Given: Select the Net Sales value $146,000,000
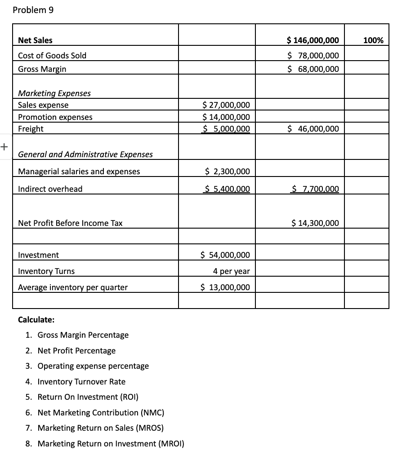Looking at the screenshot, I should (313, 40).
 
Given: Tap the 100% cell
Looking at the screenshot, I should (373, 40).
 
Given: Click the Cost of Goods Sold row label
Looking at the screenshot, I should (52, 56).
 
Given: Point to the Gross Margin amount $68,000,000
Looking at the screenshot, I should (313, 69).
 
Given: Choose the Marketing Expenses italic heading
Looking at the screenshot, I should (54, 93).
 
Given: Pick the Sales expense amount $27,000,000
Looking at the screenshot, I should (226, 105).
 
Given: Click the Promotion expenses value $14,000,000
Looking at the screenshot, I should (226, 117).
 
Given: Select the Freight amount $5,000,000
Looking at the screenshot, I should (226, 129).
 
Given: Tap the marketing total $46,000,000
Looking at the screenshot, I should (313, 129).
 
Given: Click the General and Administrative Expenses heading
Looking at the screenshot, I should (85, 154).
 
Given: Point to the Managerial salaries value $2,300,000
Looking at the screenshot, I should (227, 172).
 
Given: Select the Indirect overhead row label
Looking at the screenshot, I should (50, 189).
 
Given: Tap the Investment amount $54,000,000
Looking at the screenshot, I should (225, 255).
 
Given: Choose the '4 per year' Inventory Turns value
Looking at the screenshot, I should (232, 271).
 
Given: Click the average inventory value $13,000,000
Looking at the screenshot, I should (225, 287).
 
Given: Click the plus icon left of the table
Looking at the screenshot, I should (4, 146).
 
